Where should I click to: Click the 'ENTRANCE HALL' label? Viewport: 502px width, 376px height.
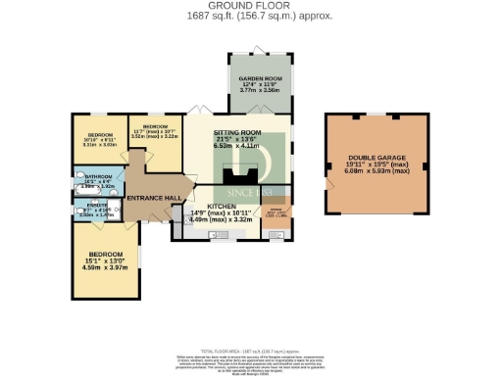pyautogui.click(x=152, y=198)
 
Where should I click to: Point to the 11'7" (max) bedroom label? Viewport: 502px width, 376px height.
pyautogui.click(x=157, y=128)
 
